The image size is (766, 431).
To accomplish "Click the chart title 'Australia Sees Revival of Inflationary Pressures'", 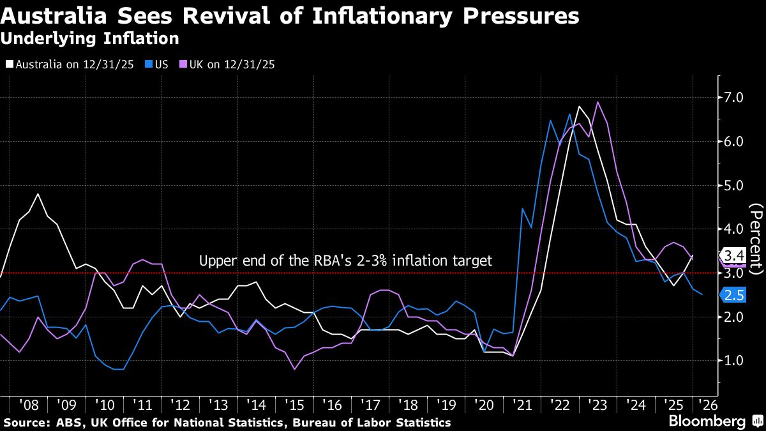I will click(x=290, y=15).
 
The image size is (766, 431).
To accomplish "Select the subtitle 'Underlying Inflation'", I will click(x=89, y=39).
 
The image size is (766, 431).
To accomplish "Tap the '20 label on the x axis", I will click(x=483, y=404).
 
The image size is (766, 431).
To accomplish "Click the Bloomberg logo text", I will click(x=707, y=421).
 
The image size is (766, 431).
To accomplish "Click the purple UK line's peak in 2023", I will click(x=597, y=102).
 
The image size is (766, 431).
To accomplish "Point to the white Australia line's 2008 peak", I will click(x=38, y=194).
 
